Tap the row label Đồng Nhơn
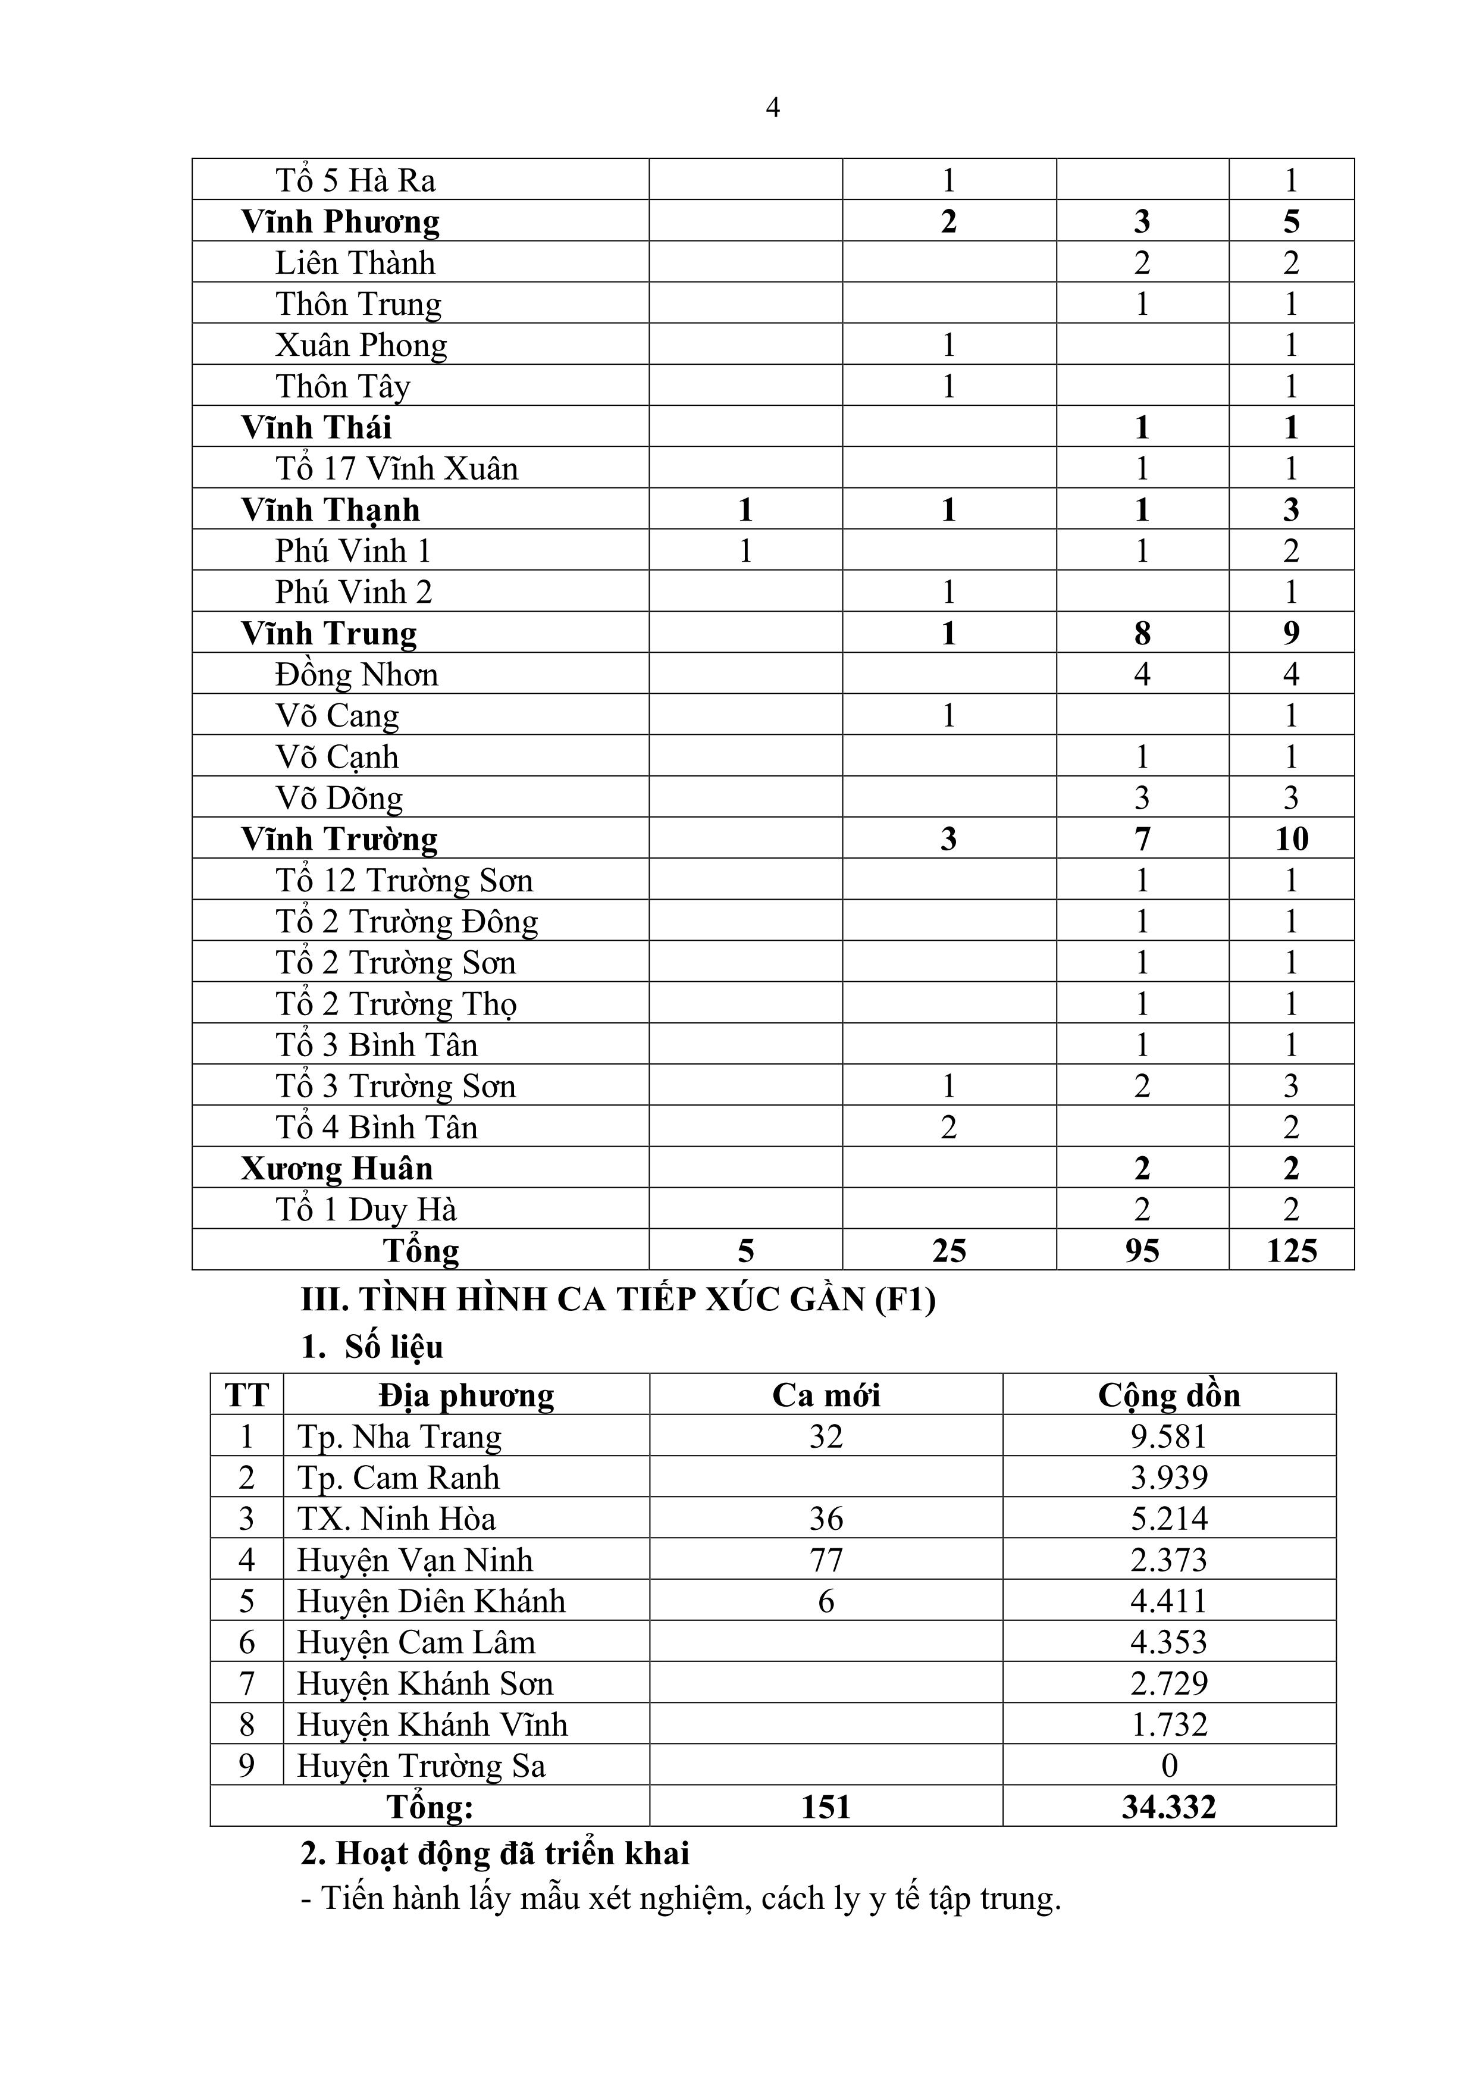356,675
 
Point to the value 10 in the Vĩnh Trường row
1292,838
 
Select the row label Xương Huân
337,1169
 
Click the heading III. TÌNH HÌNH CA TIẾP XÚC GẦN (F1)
618,1300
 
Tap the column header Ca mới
826,1395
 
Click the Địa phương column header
466,1395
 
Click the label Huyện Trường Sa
421,1766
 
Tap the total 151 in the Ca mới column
826,1807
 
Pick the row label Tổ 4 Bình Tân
377,1128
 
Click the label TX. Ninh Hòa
396,1519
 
